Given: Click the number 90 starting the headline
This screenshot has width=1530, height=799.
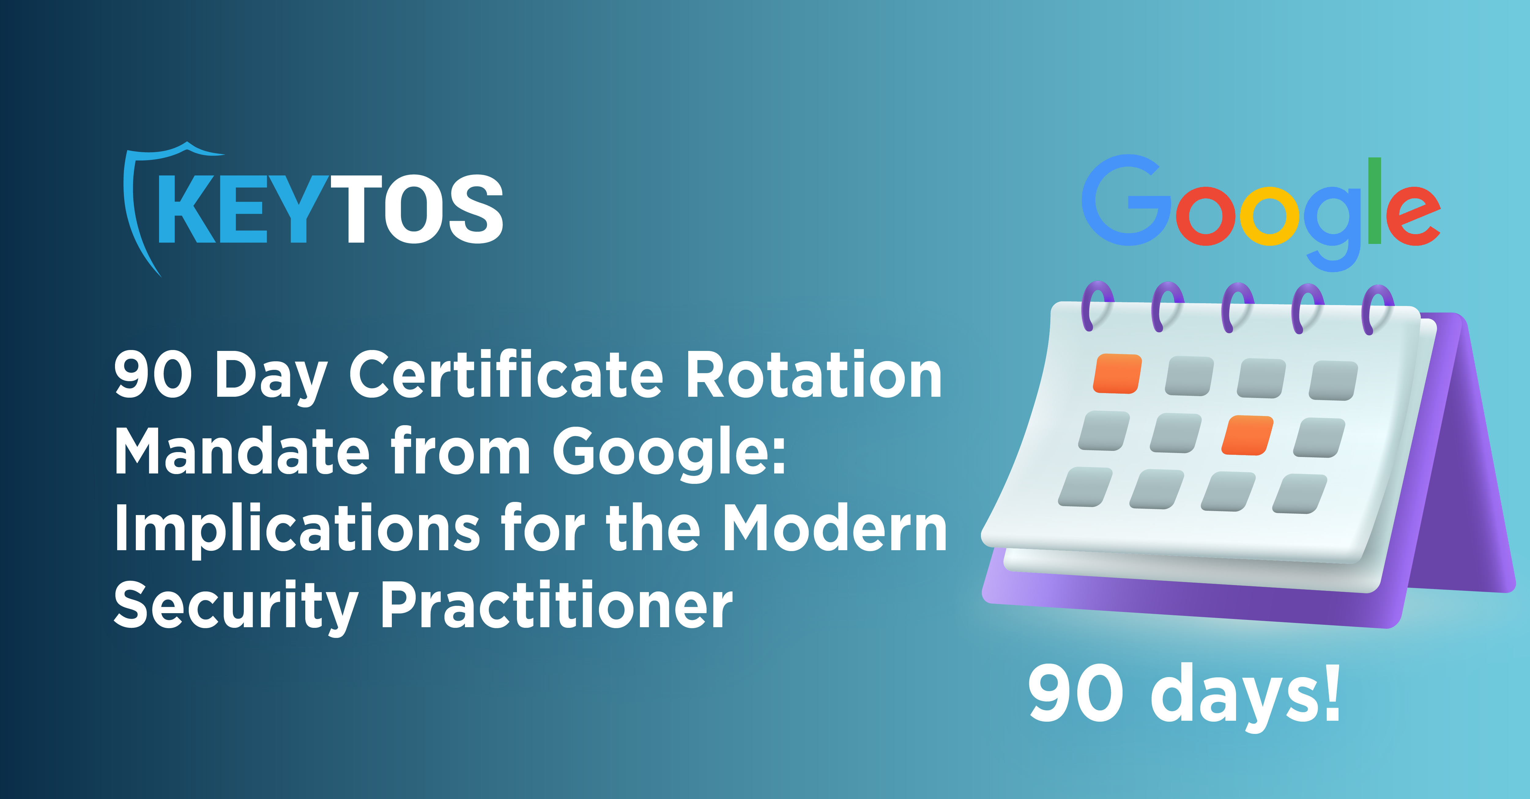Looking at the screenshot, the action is pos(153,375).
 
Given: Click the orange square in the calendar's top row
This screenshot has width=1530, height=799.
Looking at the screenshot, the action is pos(1117,374).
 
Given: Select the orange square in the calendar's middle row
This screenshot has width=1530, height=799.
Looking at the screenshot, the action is pos(1247,435).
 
